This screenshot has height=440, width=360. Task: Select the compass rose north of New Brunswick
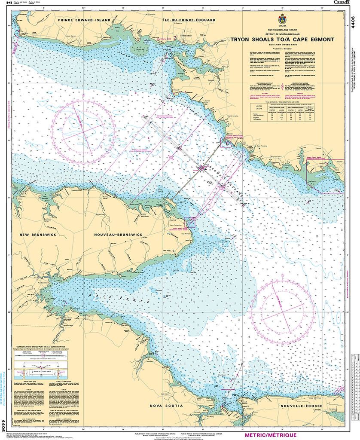pos(83,126)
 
